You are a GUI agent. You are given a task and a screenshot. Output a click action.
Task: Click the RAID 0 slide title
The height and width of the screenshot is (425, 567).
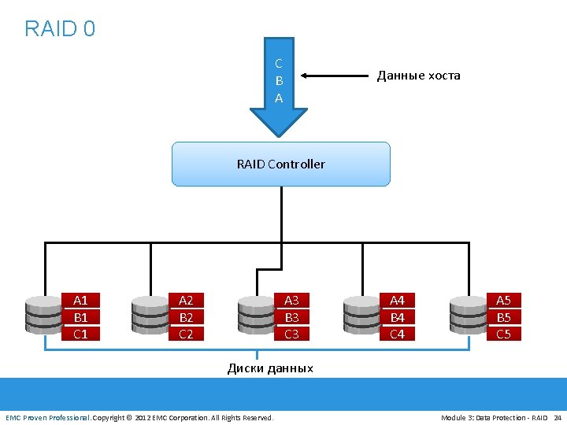[x=60, y=29]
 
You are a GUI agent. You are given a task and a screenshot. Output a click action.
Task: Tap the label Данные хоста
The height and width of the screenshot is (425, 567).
[x=418, y=76]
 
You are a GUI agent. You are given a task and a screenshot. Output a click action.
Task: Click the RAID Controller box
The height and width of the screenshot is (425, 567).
[x=281, y=164]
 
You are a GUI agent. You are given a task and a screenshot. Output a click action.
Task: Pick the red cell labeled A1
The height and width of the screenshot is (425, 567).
[x=80, y=300]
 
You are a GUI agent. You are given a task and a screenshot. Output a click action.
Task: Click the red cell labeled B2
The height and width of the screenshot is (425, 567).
[x=186, y=317]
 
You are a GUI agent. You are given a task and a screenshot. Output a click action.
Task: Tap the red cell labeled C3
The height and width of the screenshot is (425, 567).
[x=291, y=334]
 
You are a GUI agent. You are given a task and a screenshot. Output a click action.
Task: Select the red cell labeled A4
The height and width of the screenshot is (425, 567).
[x=397, y=300]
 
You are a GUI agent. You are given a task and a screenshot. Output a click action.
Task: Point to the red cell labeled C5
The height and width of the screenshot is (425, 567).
[x=503, y=334]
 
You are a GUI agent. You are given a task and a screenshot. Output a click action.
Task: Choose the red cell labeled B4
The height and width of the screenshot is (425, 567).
[x=397, y=317]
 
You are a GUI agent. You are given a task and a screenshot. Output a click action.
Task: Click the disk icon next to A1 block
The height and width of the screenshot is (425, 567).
[x=44, y=316]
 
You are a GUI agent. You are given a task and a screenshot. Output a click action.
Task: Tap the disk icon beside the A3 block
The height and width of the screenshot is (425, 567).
[x=255, y=316]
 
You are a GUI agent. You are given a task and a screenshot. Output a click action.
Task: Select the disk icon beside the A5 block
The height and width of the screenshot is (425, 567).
[x=467, y=316]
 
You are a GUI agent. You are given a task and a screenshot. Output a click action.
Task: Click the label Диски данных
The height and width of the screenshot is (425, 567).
[x=270, y=368]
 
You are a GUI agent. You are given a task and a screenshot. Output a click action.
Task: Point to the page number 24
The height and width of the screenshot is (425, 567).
[x=558, y=417]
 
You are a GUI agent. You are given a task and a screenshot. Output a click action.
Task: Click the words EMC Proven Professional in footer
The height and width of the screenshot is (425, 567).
[x=48, y=417]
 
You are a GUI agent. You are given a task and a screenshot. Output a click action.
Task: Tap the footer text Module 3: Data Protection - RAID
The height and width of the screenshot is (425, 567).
[x=494, y=417]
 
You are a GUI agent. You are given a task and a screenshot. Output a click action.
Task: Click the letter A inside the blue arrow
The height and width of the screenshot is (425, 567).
[x=279, y=98]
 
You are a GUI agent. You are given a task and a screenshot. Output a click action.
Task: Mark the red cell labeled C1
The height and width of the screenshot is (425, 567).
[x=80, y=334]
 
